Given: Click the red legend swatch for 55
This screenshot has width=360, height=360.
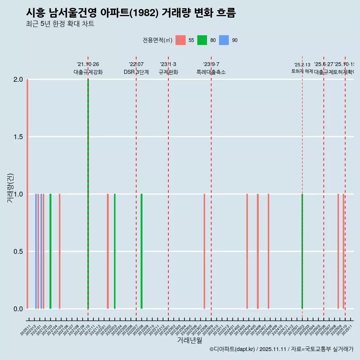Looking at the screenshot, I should click(x=180, y=40).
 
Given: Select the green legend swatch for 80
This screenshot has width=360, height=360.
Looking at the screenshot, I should click(x=202, y=40).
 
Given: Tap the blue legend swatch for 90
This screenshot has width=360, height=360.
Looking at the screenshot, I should click(x=224, y=40).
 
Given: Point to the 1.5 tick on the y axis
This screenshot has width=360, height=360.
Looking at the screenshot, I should click(x=18, y=137).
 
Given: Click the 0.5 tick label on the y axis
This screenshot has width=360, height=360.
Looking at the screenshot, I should click(x=18, y=251).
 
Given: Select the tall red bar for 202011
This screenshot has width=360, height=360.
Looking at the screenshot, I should click(x=27, y=194).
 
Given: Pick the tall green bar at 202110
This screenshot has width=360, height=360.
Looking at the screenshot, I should click(x=88, y=194).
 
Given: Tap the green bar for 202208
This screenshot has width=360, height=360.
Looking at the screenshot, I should click(x=141, y=251).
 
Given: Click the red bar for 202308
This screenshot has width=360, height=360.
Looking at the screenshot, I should click(x=204, y=251).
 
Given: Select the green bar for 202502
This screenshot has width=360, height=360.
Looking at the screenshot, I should click(x=302, y=251).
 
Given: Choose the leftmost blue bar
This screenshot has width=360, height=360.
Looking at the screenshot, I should click(x=36, y=251).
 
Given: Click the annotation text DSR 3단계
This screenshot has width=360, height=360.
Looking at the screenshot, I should click(x=136, y=72).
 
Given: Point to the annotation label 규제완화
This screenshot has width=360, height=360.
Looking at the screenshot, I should click(x=168, y=72).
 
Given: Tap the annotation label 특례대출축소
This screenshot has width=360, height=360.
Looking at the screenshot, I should click(x=211, y=72).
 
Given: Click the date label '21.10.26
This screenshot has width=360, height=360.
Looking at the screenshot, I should click(x=88, y=64).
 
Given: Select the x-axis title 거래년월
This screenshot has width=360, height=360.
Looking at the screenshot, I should click(x=189, y=340).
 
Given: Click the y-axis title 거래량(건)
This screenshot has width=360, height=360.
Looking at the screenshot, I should click(x=10, y=188).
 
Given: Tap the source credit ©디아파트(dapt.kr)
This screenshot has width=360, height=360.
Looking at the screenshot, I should click(x=232, y=349).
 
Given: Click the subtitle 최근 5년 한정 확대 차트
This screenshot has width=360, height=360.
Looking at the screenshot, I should click(x=60, y=24).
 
